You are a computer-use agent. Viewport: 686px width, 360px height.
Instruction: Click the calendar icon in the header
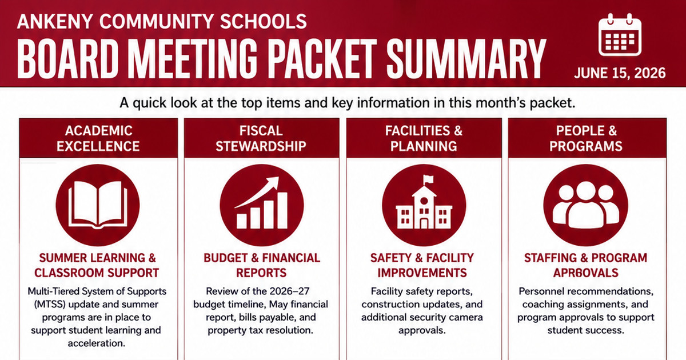click(620, 35)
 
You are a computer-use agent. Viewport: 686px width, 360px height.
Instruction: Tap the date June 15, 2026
click(620, 73)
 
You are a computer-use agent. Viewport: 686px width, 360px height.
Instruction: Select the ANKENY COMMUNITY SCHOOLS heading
click(162, 21)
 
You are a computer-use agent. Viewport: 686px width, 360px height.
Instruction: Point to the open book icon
click(98, 205)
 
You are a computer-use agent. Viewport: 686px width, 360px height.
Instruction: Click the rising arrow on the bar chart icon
click(257, 191)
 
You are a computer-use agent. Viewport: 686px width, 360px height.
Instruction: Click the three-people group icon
click(585, 205)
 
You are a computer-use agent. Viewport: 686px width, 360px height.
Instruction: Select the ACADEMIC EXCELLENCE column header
click(98, 138)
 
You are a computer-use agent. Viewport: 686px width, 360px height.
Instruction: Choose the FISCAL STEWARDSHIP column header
click(261, 138)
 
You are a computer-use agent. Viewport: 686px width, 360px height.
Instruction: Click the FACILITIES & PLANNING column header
click(424, 138)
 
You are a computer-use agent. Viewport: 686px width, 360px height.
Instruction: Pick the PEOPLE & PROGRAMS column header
click(586, 138)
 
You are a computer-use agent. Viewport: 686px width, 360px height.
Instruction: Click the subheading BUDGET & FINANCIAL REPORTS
click(262, 265)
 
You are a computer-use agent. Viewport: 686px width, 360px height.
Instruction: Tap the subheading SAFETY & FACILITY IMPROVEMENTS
click(422, 265)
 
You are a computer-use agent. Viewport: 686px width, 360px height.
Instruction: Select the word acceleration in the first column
click(97, 343)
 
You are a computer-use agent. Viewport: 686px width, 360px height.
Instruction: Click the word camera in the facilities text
click(465, 318)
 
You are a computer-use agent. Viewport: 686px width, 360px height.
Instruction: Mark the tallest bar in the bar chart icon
click(282, 211)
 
